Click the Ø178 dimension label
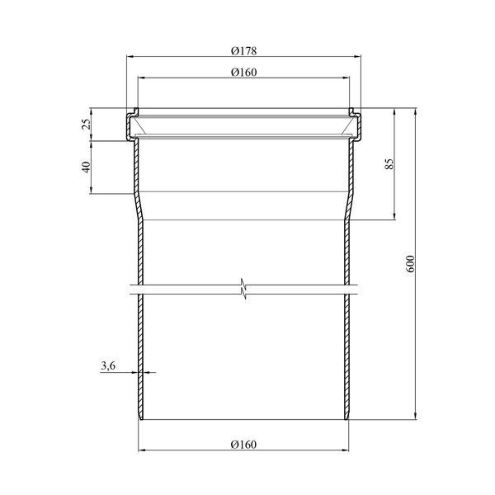click(243, 51)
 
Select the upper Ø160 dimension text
click(243, 73)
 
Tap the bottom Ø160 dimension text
click(243, 445)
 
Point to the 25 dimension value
click(86, 124)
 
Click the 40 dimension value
click(86, 167)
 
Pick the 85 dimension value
click(389, 164)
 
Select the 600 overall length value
click(410, 264)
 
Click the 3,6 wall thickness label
click(108, 365)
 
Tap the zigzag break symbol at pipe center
click(243, 289)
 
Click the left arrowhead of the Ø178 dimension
click(130, 56)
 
